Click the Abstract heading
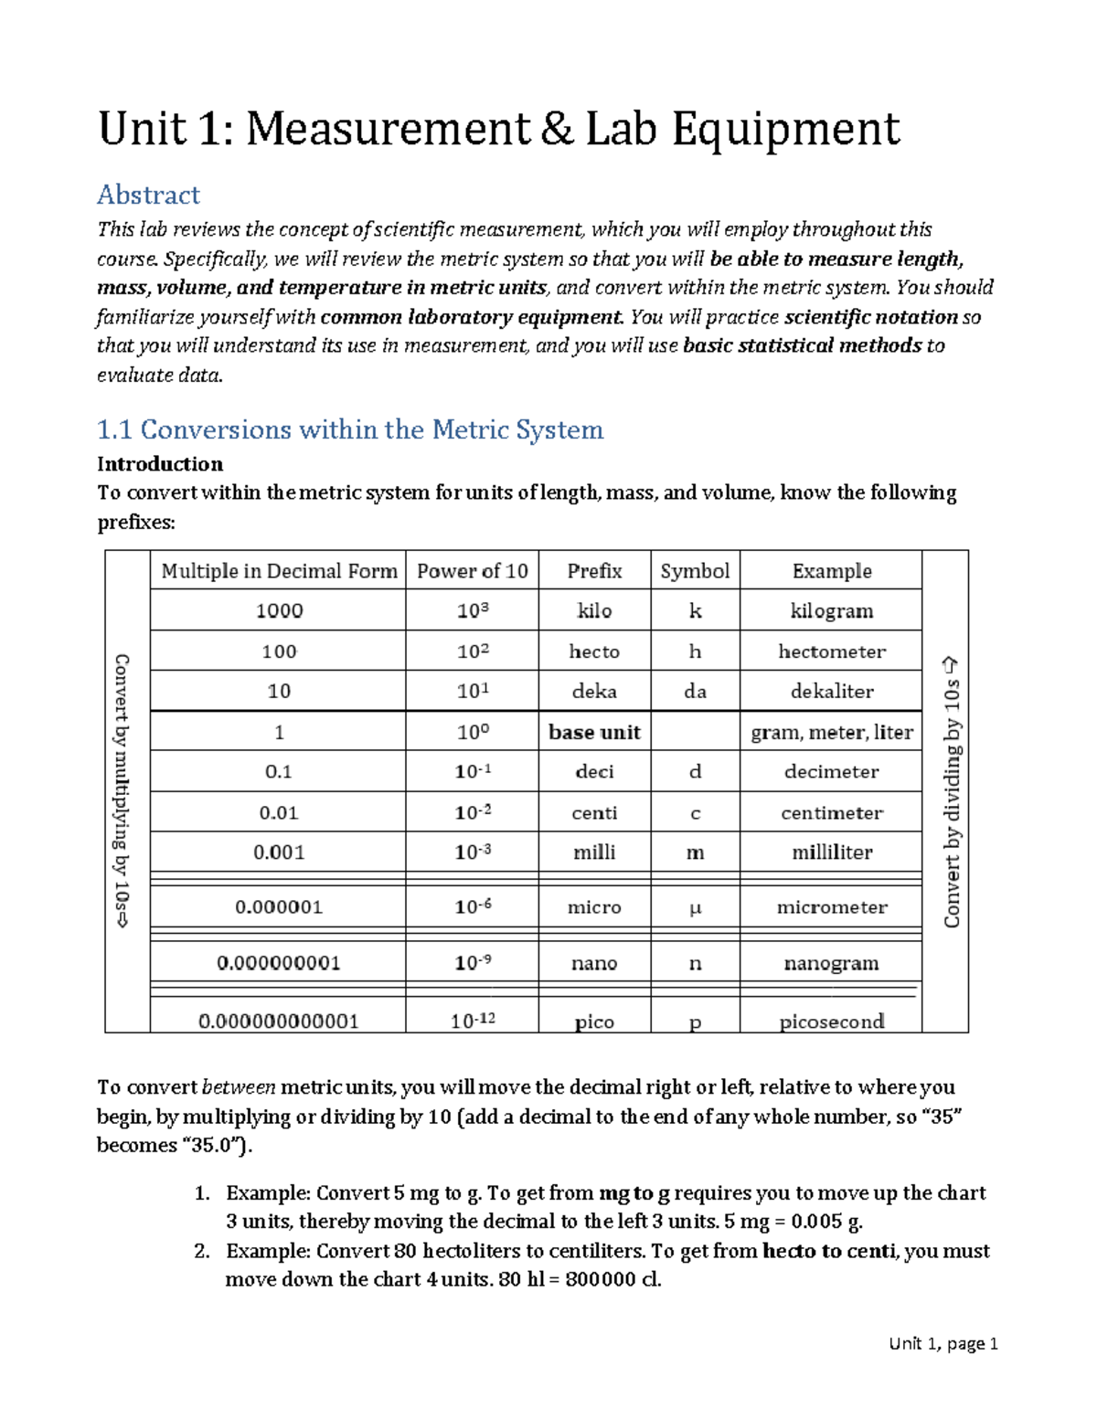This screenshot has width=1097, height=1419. click(x=148, y=195)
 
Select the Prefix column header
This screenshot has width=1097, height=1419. click(x=594, y=571)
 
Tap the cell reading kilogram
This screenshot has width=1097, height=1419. click(x=831, y=610)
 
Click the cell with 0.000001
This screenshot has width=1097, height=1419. click(x=278, y=907)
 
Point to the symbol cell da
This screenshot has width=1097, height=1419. click(x=695, y=692)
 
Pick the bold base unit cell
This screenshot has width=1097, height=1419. click(x=594, y=732)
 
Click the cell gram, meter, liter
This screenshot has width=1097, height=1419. click(x=831, y=732)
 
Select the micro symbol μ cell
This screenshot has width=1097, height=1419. click(x=695, y=908)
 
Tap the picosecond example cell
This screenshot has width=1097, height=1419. click(x=831, y=1021)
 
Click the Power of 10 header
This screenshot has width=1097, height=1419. click(x=472, y=571)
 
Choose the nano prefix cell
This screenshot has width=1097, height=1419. click(x=594, y=963)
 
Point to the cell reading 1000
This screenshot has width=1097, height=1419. click(x=279, y=610)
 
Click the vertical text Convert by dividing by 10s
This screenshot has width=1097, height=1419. click(x=952, y=791)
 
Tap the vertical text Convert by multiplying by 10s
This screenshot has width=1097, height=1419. click(x=122, y=791)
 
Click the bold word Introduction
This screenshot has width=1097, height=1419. click(x=160, y=463)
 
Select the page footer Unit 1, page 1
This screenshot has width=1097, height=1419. click(x=943, y=1343)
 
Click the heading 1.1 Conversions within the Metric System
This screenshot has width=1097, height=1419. click(x=350, y=429)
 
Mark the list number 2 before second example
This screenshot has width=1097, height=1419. click(x=202, y=1251)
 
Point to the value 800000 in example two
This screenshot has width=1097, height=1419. click(x=600, y=1279)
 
